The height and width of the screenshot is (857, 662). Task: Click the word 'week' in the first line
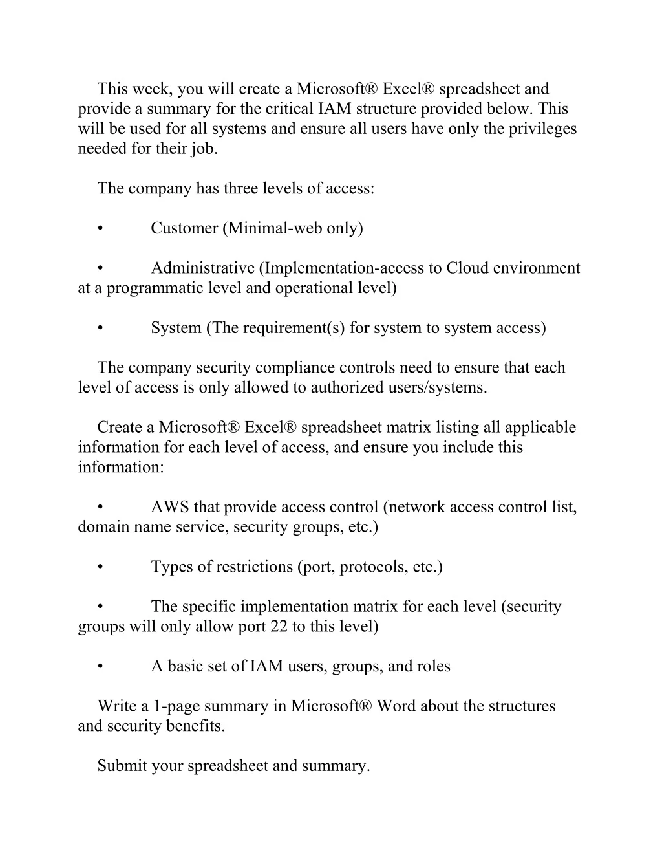point(153,89)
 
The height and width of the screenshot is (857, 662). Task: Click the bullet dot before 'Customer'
point(100,228)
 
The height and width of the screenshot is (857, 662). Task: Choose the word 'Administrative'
point(202,268)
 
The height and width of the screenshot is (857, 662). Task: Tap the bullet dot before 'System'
point(100,328)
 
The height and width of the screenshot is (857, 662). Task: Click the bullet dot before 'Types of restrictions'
point(100,567)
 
